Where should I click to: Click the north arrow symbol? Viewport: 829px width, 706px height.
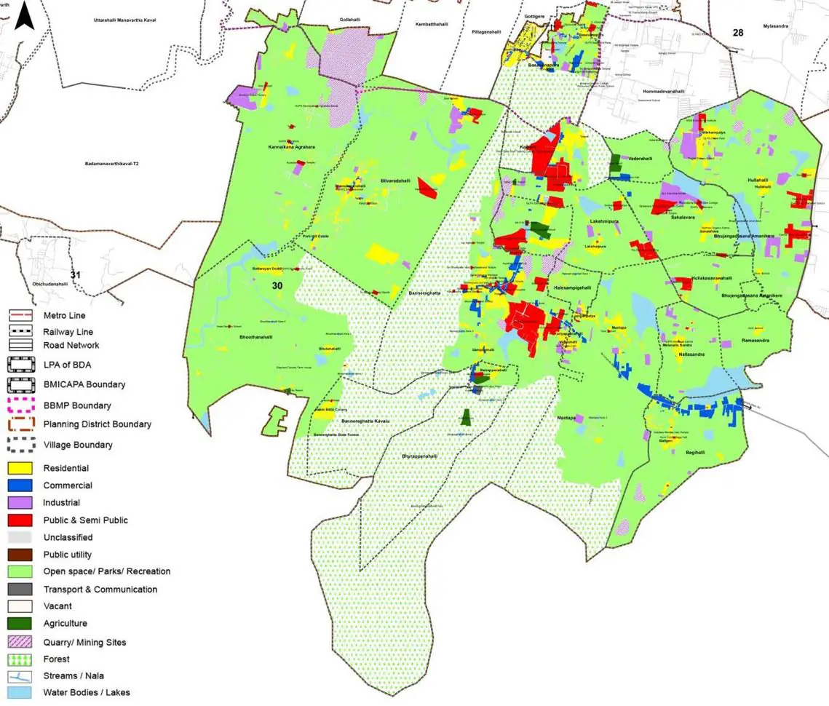coord(25,16)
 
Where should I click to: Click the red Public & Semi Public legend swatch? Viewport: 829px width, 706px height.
coord(20,520)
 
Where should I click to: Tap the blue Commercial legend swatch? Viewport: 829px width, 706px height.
coord(20,485)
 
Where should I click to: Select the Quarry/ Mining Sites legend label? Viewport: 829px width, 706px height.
coord(84,642)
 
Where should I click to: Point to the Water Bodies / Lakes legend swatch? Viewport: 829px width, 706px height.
coord(20,692)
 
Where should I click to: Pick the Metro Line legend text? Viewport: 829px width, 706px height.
coord(64,315)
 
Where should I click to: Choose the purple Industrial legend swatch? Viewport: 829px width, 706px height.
coord(20,502)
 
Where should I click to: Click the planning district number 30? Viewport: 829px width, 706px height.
coord(277,285)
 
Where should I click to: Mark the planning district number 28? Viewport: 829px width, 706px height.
coord(738,33)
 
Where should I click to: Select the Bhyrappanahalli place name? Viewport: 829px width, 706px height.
coord(420,456)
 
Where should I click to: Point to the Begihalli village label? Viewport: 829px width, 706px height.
coord(695,452)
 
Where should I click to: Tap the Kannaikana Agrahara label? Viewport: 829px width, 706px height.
coord(290,147)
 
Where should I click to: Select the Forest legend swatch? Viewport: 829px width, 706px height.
coord(20,659)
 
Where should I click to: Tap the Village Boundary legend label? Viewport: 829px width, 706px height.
coord(78,445)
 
